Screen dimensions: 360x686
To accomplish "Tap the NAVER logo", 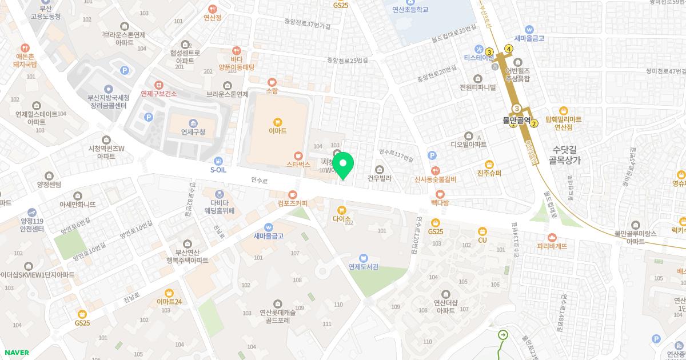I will coord(16,353).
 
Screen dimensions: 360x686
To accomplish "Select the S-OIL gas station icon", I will coord(218,161).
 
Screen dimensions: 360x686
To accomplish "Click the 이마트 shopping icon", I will coord(277,121).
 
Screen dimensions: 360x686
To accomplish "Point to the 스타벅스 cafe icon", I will coord(297,155).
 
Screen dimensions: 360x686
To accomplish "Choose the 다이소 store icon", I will coord(342,210).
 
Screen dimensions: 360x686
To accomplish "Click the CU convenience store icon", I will coord(482,231).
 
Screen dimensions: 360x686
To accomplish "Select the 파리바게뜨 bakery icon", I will coord(552,237).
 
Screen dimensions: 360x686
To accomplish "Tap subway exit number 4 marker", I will coord(509,48).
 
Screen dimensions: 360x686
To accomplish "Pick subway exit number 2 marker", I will coord(535,123).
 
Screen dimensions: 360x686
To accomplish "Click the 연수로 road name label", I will coord(259,180).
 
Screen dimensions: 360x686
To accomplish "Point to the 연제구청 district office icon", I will coord(193,123).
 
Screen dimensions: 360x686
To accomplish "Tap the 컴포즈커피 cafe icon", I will coord(293,194).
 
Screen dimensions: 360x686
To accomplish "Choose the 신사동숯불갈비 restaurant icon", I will coord(436,170).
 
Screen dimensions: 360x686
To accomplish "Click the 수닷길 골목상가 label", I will coord(564,155).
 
